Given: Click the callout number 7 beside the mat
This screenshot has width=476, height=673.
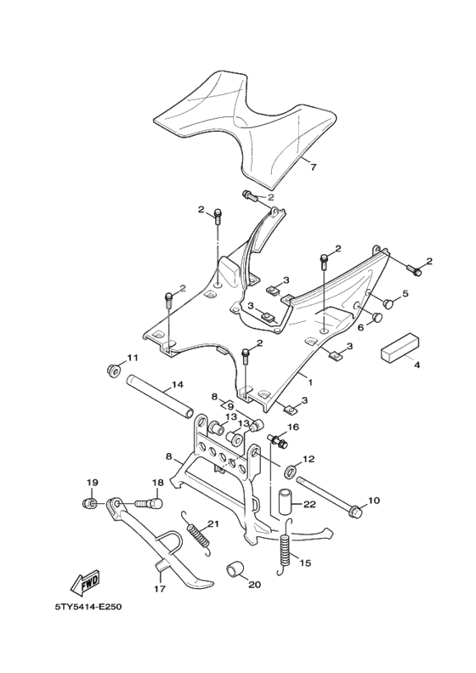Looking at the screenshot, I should pos(313,167).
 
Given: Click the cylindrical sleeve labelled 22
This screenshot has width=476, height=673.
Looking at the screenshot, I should pos(286,501).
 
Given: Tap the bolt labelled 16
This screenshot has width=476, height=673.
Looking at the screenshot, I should pos(277,440).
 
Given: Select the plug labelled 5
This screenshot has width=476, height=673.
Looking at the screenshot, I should pos(388,301).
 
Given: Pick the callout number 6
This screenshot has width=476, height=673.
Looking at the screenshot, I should pos(360,326).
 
